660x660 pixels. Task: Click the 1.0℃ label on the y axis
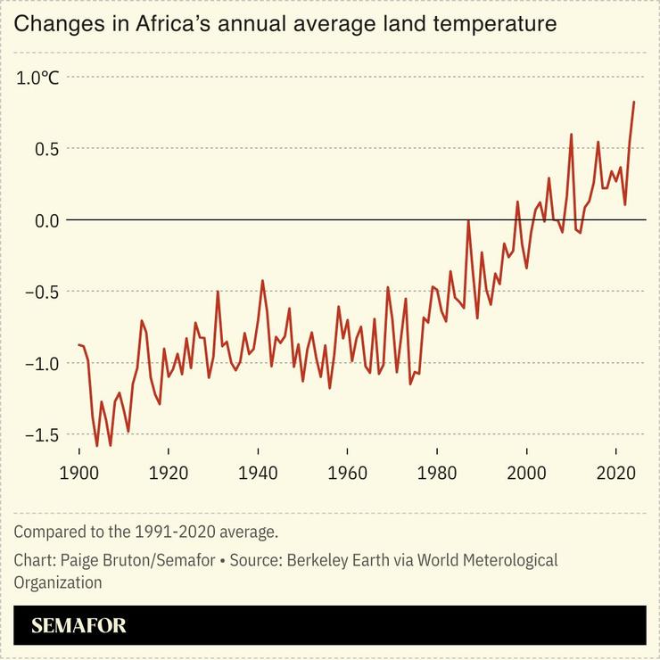point(38,78)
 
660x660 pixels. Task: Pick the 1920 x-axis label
point(169,473)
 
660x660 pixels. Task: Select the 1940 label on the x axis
point(258,473)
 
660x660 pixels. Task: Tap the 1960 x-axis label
point(348,473)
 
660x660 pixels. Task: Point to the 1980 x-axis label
point(437,473)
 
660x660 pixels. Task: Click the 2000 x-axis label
point(526,473)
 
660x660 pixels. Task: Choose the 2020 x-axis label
point(616,473)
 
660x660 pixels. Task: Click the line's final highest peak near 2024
point(633,102)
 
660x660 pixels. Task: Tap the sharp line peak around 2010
point(571,135)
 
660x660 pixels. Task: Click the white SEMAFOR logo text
point(78,626)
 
